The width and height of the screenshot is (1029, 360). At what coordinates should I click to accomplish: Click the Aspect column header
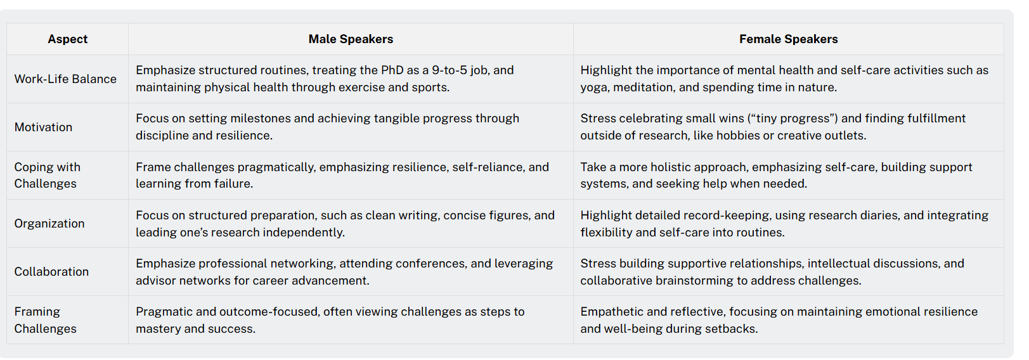[x=68, y=39]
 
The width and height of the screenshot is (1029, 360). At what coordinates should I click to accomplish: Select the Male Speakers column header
[x=351, y=39]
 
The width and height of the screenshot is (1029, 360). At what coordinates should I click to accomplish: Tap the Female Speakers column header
[x=788, y=39]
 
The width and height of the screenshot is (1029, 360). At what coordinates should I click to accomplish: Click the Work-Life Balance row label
[x=65, y=79]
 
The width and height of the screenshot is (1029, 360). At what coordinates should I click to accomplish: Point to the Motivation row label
[x=43, y=127]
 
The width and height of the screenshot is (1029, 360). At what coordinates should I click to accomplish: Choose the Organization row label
[x=49, y=224]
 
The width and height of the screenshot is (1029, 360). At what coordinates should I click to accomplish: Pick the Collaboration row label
[x=51, y=272]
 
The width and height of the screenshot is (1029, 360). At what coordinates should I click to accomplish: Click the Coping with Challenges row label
[x=48, y=175]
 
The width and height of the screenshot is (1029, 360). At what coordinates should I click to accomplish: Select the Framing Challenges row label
[x=46, y=320]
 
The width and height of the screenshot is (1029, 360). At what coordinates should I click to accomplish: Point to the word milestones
[x=261, y=119]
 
